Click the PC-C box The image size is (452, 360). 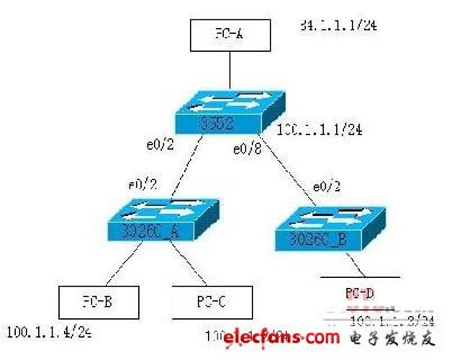click(213, 302)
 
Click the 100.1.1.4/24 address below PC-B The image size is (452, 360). click(50, 333)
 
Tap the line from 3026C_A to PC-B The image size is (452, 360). click(125, 266)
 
